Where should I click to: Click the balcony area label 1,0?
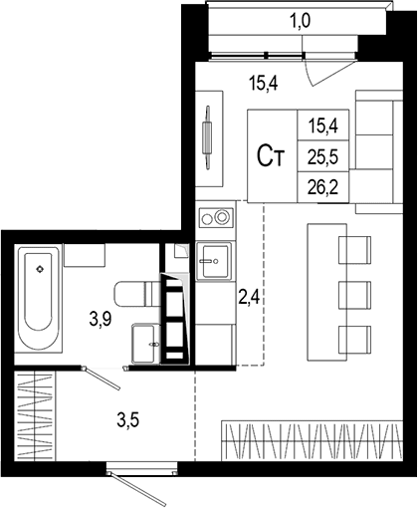click(x=300, y=21)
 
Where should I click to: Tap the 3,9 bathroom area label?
click(x=101, y=320)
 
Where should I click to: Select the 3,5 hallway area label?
click(x=127, y=420)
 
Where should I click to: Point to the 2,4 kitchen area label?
click(x=249, y=297)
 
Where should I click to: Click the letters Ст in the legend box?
click(x=271, y=156)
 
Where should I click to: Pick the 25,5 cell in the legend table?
click(x=322, y=157)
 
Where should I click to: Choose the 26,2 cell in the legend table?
click(x=322, y=187)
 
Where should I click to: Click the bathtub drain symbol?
click(x=40, y=269)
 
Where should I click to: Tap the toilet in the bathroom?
click(x=136, y=294)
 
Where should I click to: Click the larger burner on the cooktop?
click(x=222, y=217)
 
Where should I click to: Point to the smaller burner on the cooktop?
click(x=207, y=219)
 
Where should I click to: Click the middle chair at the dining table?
click(x=354, y=295)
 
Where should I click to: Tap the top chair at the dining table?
click(x=354, y=250)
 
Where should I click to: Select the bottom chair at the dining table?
click(x=354, y=340)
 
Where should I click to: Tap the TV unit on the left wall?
click(x=209, y=138)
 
